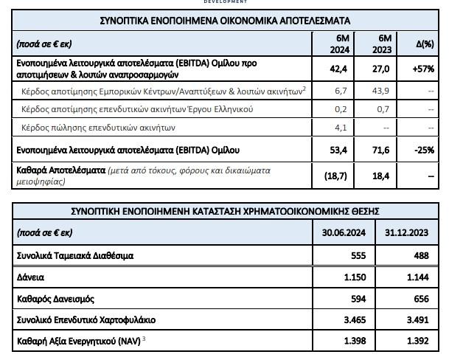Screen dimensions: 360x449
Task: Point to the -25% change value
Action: tap(424, 150)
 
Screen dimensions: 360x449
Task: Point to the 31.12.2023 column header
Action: tap(406, 232)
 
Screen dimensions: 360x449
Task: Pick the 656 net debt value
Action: tap(417, 300)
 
